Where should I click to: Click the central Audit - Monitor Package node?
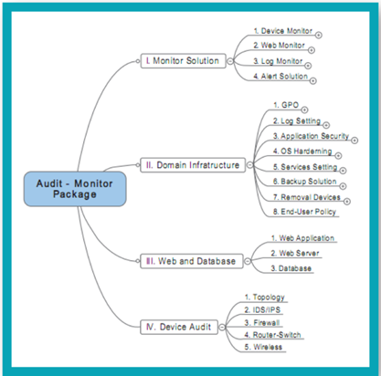click(x=75, y=189)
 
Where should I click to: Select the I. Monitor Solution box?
click(x=184, y=61)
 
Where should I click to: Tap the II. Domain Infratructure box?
click(x=193, y=165)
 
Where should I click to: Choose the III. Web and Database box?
click(x=192, y=261)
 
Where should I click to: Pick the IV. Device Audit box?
click(x=179, y=327)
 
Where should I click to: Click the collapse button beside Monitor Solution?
click(x=230, y=61)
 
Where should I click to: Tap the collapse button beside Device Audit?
click(x=222, y=327)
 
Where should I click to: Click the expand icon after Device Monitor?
click(x=319, y=36)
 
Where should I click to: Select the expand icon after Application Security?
click(x=355, y=141)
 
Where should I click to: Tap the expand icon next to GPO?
click(x=304, y=110)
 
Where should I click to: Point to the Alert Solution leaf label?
click(x=280, y=76)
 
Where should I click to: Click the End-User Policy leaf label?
click(x=304, y=212)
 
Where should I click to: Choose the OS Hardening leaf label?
click(x=302, y=151)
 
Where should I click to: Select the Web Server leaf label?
click(x=295, y=253)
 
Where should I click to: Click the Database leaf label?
click(x=291, y=268)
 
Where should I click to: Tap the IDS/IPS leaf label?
click(x=262, y=310)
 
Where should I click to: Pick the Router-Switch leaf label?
click(x=272, y=335)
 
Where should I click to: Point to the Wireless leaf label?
click(x=263, y=347)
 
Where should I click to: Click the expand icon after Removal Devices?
click(x=347, y=202)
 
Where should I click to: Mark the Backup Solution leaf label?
click(x=305, y=182)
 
